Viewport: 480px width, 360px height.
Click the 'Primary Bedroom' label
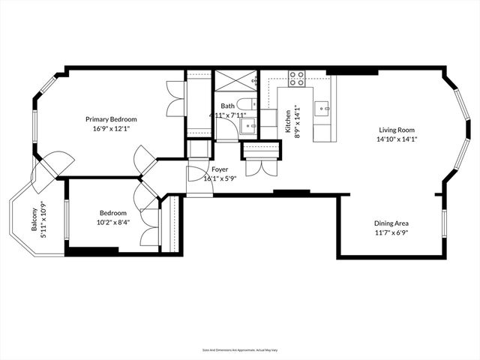[x=110, y=118]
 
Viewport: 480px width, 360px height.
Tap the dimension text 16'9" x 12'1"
[x=110, y=128]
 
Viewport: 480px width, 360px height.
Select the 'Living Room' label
[x=395, y=127]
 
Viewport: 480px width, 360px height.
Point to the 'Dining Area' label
[x=391, y=223]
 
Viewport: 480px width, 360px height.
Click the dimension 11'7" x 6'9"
[x=391, y=232]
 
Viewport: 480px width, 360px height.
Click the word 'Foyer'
[x=220, y=169]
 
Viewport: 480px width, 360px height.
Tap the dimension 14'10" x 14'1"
[x=395, y=138]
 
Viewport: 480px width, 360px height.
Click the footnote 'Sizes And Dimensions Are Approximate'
[x=240, y=350]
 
